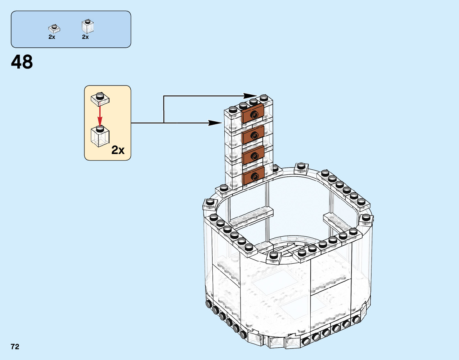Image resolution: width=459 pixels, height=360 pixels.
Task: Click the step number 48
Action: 22,62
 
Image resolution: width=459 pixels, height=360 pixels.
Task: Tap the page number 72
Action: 15,347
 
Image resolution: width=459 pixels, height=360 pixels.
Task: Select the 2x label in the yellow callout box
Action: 118,150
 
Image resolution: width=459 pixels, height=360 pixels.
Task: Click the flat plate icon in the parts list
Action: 54,28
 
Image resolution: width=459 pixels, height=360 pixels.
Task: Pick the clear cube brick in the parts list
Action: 88,26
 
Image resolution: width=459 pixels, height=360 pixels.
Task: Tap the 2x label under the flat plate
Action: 52,37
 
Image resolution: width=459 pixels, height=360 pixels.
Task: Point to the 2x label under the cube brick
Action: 85,37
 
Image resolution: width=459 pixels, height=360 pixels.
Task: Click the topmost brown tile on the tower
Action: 253,114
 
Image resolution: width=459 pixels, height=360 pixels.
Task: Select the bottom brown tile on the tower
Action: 253,176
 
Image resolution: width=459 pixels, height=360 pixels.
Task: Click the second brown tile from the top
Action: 253,134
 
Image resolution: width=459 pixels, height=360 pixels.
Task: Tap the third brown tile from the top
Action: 253,155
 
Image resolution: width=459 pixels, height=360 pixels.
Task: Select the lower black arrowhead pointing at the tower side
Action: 214,123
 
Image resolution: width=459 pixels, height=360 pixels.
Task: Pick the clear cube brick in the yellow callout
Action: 100,136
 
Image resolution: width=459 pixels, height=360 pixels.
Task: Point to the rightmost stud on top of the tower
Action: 264,97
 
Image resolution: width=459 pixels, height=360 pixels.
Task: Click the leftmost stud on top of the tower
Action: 232,109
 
